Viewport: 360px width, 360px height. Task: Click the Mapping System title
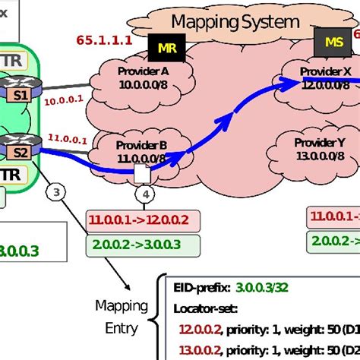235,21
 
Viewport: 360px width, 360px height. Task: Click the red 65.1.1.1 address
104,40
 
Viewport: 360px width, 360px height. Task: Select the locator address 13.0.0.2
199,349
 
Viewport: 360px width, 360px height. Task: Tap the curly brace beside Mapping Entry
158,317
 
